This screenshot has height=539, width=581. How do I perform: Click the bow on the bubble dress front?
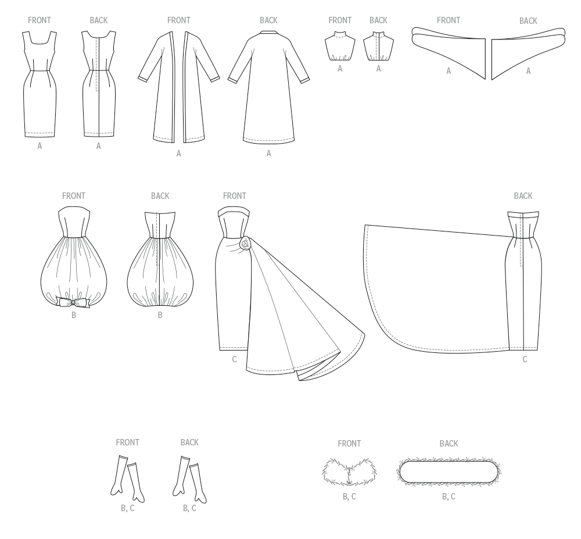tap(74, 302)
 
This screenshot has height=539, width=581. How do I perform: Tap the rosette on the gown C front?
tap(245, 244)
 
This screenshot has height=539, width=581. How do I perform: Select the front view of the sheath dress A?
tap(40, 84)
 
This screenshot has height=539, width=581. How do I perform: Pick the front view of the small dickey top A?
tap(340, 46)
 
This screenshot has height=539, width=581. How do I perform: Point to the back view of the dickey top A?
tap(378, 46)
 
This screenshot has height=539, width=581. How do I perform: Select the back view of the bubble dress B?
tap(160, 259)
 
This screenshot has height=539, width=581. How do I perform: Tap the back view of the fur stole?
tap(449, 472)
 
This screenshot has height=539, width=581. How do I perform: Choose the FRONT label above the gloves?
tap(127, 442)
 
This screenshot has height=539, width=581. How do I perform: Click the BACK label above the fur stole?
tap(449, 444)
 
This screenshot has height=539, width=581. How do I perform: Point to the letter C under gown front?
tap(234, 359)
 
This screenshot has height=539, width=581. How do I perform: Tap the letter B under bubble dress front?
tap(74, 315)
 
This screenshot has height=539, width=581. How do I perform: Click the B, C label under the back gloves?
tap(189, 508)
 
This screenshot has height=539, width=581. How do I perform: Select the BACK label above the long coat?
tap(268, 20)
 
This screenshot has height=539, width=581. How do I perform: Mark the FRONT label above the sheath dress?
tap(40, 20)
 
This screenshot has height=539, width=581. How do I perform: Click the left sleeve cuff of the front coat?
tap(143, 79)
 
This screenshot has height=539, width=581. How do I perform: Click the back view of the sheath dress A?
tap(99, 84)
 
